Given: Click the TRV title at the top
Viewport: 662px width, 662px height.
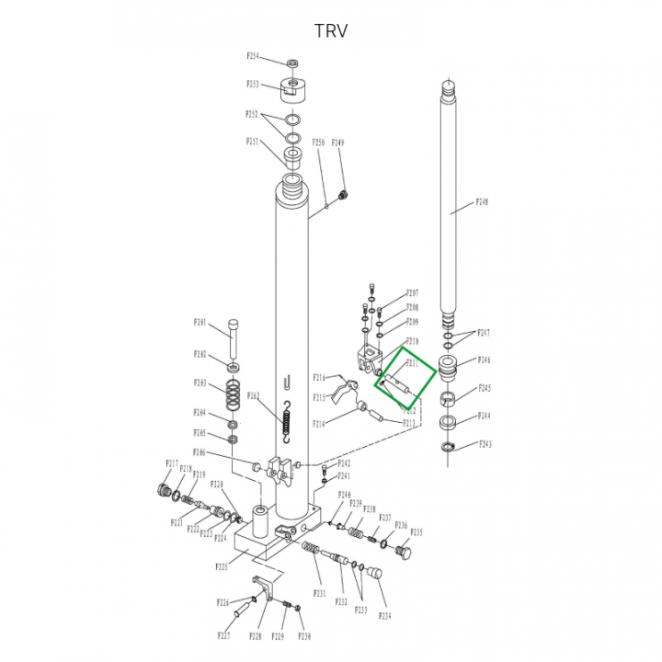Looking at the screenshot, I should [331, 30].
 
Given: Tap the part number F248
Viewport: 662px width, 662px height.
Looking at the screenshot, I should [482, 202].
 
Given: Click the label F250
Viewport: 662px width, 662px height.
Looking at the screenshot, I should [318, 143].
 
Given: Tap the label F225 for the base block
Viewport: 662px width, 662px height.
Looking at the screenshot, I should [222, 566].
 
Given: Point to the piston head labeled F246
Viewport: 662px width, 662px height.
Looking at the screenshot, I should [450, 369].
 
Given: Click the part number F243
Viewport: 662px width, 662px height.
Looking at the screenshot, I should [485, 444].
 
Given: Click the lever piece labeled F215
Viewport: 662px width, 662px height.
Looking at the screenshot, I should [342, 398].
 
